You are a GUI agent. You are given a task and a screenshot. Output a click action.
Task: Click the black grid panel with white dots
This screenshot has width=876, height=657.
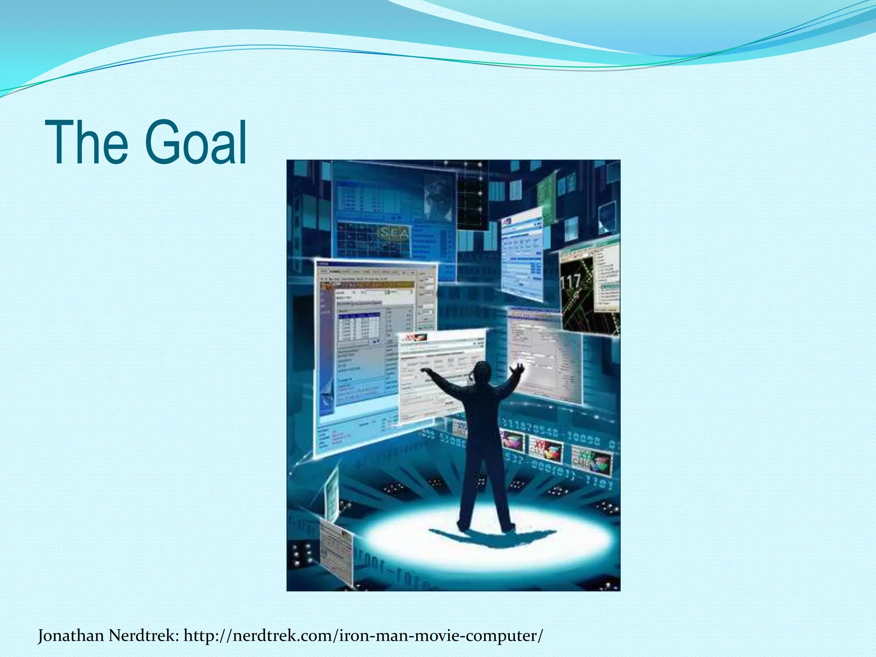pyautogui.click(x=472, y=197)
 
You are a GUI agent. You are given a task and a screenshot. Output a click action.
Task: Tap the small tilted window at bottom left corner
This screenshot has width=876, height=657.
pyautogui.click(x=336, y=552)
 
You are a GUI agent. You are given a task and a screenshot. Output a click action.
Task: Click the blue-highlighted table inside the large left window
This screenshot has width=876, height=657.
pyautogui.click(x=359, y=327)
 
